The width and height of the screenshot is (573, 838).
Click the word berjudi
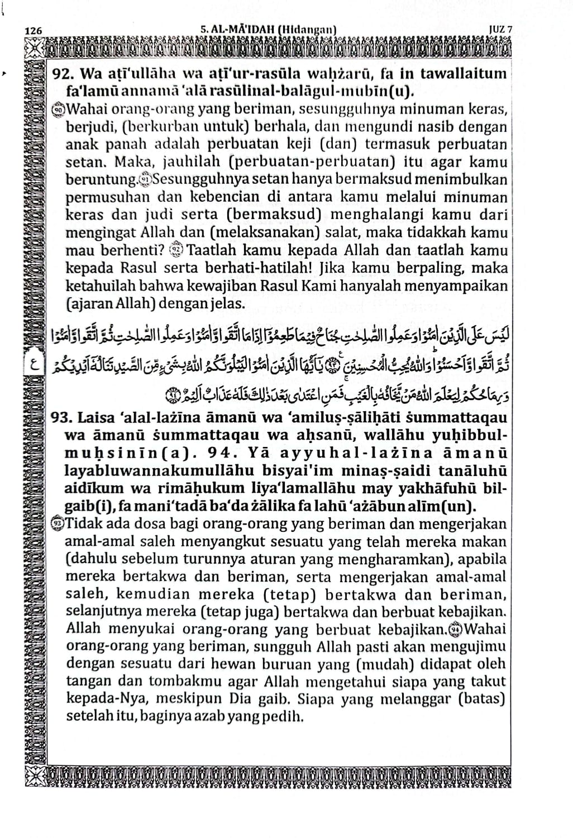(87, 127)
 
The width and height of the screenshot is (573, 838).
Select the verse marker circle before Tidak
(59, 524)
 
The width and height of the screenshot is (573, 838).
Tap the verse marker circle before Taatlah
(175, 250)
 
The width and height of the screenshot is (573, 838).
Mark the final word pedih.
(285, 716)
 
